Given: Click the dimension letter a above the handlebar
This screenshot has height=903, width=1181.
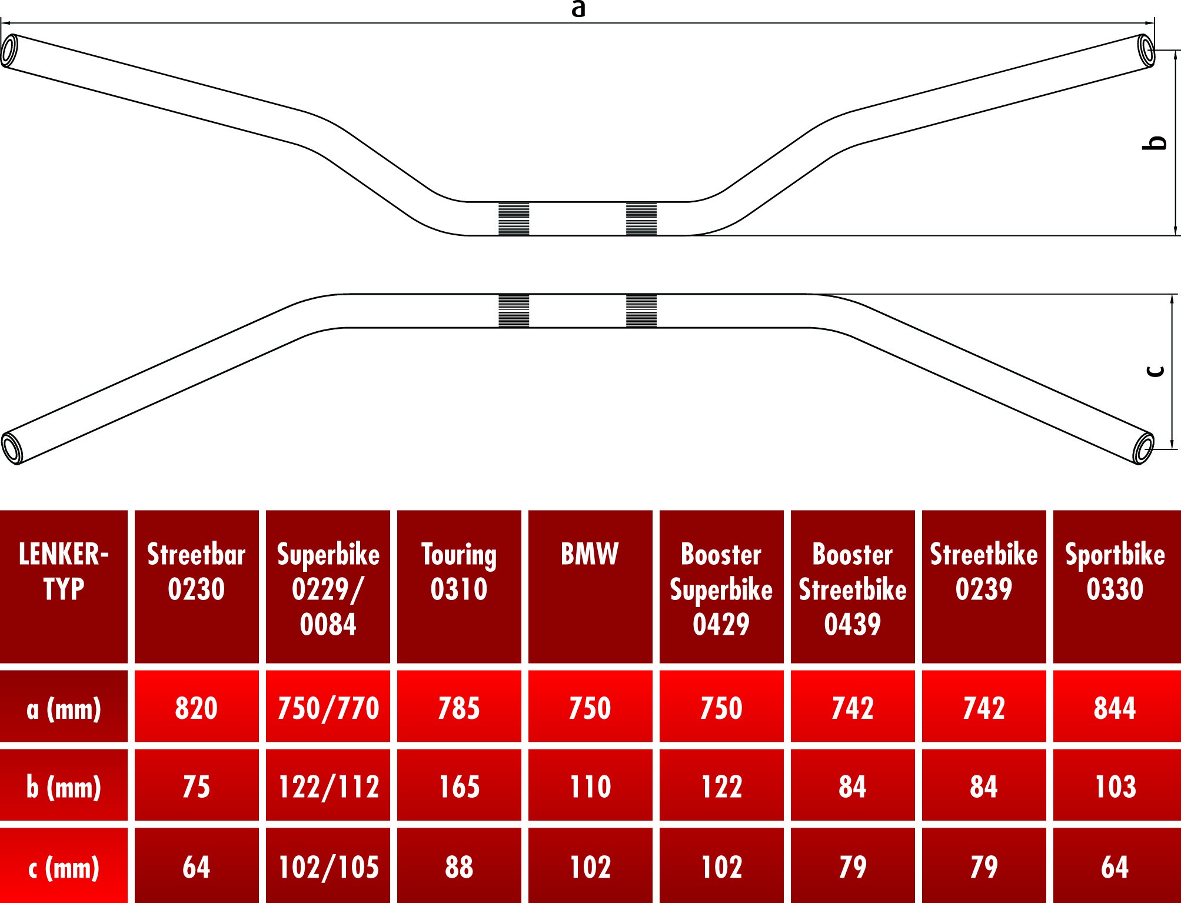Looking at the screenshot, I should tap(578, 9).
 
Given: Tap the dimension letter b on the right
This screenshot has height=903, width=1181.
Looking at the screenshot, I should tap(1157, 143).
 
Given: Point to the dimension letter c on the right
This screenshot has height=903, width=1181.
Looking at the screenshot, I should tap(1156, 371).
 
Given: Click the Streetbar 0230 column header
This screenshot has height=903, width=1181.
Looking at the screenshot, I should tap(197, 572).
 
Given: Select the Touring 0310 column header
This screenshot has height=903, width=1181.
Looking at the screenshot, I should tap(459, 572).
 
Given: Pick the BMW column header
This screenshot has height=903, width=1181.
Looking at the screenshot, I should tap(590, 554).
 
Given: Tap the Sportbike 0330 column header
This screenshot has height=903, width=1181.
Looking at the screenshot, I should tap(1115, 572).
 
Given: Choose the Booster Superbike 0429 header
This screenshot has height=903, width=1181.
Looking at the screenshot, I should tap(721, 589).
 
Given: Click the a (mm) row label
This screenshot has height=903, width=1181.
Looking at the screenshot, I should tap(64, 708).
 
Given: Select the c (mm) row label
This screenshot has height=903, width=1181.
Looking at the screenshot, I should tap(64, 867).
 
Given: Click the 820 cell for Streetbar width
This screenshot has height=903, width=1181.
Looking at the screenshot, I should tap(197, 708).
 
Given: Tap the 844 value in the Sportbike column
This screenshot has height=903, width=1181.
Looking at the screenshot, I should tap(1115, 708).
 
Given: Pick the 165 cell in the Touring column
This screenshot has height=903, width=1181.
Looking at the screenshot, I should tap(459, 787).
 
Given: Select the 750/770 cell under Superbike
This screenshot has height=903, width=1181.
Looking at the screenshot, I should tap(328, 708).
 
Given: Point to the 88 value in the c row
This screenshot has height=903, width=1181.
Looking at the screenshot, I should tap(459, 867).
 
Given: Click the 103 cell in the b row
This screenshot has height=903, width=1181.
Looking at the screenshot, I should tap(1115, 787).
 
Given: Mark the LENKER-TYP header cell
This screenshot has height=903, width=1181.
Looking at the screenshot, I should tap(64, 572).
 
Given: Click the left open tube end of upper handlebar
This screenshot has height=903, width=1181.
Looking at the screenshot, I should tap(9, 51).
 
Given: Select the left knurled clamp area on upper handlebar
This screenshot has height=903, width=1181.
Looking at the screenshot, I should tap(514, 219).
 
